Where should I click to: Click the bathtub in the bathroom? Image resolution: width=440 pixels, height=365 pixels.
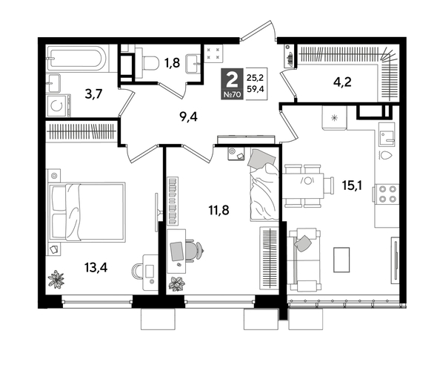pyautogui.click(x=78, y=58)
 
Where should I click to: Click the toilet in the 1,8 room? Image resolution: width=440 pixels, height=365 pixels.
pyautogui.click(x=148, y=62)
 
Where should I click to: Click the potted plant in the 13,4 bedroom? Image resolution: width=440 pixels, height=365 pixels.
pyautogui.click(x=58, y=279)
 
